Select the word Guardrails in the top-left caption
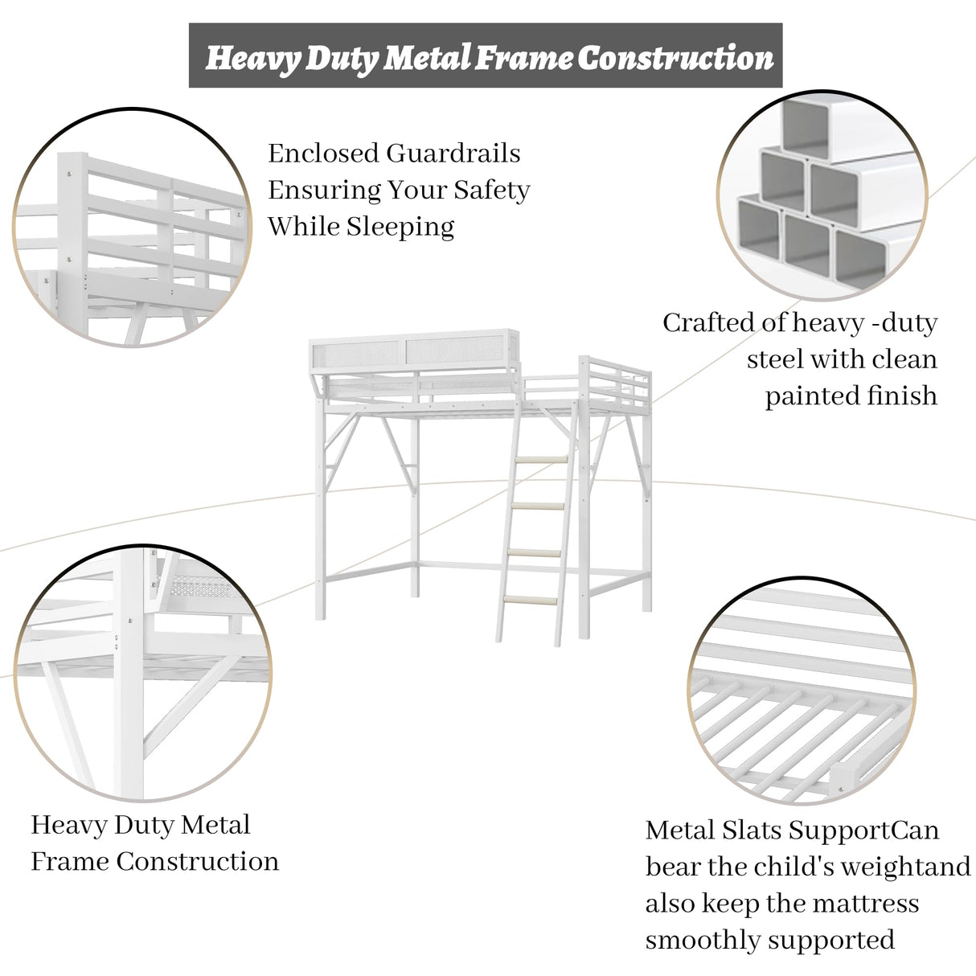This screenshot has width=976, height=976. click(453, 153)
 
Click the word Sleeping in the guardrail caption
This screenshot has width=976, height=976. click(400, 227)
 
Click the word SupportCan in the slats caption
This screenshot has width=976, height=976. click(863, 845)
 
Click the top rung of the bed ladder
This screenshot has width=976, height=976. click(541, 460)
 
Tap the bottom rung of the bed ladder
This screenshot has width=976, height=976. click(530, 601)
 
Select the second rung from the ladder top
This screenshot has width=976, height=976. click(537, 506)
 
